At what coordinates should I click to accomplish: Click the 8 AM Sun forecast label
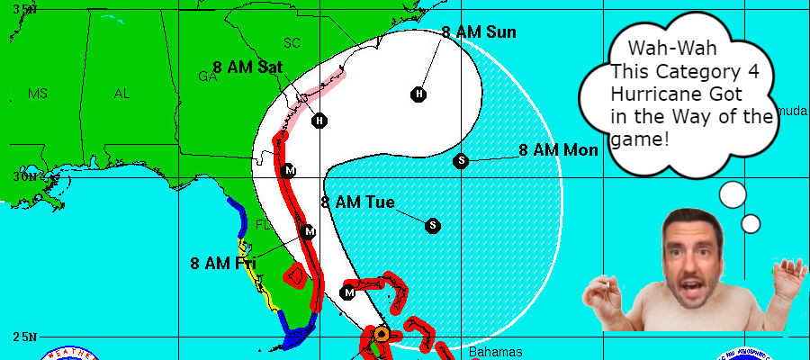pyautogui.click(x=479, y=32)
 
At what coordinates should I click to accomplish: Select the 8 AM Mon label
pyautogui.click(x=558, y=150)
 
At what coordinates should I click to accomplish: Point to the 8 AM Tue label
pyautogui.click(x=357, y=202)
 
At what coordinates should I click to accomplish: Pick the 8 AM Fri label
pyautogui.click(x=223, y=263)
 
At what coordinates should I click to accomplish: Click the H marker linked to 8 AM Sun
pyautogui.click(x=418, y=94)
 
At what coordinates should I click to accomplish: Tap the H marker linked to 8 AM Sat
pyautogui.click(x=319, y=121)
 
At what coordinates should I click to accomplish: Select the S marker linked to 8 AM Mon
pyautogui.click(x=461, y=161)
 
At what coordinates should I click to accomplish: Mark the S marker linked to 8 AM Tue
pyautogui.click(x=433, y=225)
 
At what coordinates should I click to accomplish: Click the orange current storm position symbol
pyautogui.click(x=381, y=334)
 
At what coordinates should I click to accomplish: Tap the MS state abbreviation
pyautogui.click(x=37, y=94)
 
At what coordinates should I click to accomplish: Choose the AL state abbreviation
pyautogui.click(x=121, y=94)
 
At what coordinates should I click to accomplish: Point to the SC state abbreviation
pyautogui.click(x=292, y=42)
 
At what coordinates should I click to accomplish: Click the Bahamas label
pyautogui.click(x=495, y=352)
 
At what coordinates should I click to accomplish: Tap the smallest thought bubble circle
pyautogui.click(x=751, y=223)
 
